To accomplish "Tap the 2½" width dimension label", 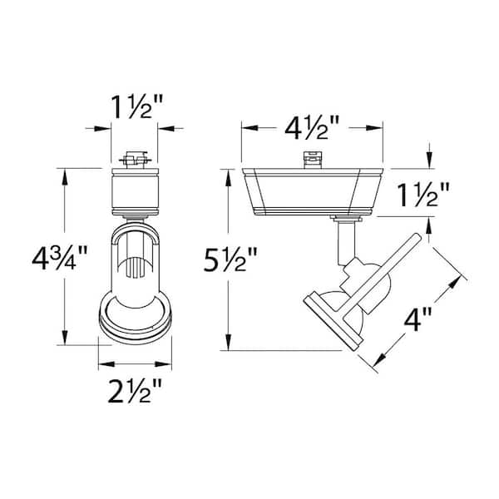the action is pyautogui.click(x=135, y=391).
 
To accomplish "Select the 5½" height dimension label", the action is pyautogui.click(x=230, y=259).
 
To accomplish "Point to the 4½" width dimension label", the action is pyautogui.click(x=312, y=127).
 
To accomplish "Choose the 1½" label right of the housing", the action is pyautogui.click(x=423, y=195).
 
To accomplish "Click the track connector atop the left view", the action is pyautogui.click(x=136, y=160).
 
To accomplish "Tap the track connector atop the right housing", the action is pyautogui.click(x=312, y=160).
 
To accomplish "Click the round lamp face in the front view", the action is pyautogui.click(x=136, y=320).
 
